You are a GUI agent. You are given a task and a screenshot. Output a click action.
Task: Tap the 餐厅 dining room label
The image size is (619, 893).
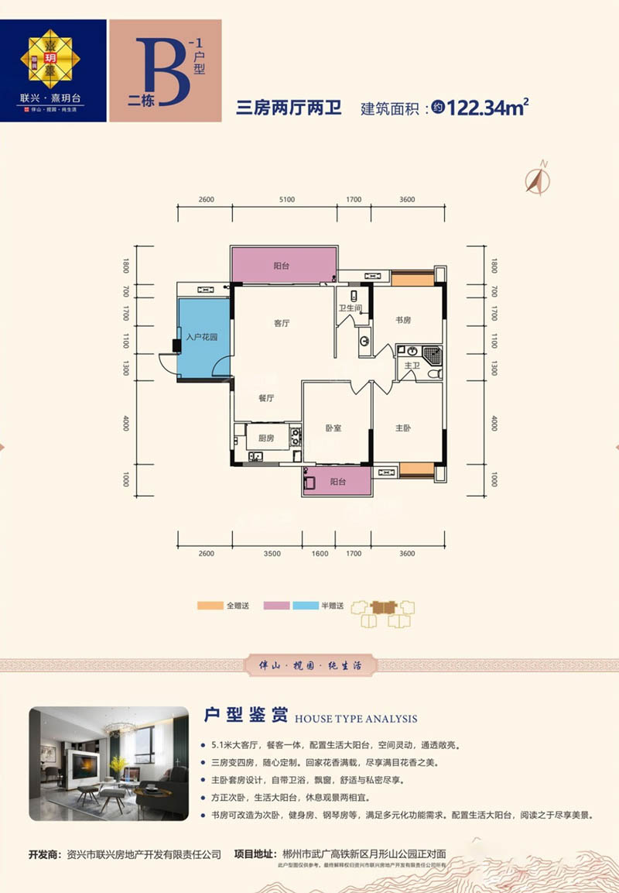(267, 397)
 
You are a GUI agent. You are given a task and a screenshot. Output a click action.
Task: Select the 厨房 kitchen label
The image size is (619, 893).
(266, 438)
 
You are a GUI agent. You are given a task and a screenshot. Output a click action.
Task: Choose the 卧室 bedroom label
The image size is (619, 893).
(333, 428)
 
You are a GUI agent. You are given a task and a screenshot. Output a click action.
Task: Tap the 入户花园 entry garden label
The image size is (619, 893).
(202, 337)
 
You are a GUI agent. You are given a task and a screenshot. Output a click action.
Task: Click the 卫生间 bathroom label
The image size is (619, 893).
(351, 308)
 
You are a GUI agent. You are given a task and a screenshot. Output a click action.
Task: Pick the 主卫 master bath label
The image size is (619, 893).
(412, 366)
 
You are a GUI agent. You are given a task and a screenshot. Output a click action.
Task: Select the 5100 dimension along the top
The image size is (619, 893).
(286, 200)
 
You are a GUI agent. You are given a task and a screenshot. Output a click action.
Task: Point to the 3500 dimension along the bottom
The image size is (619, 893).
(271, 554)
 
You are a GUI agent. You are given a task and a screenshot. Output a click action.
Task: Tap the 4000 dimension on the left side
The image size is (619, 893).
(125, 424)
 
